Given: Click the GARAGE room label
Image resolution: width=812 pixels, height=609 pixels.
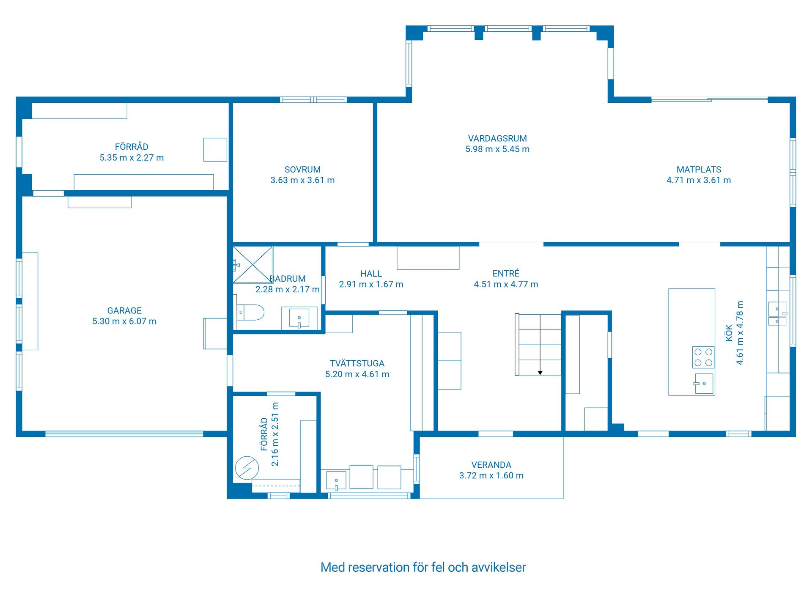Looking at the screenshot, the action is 124,310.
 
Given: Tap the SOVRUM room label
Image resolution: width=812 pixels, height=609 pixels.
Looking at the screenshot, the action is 302,170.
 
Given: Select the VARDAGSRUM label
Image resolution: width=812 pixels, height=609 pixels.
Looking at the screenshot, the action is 497,138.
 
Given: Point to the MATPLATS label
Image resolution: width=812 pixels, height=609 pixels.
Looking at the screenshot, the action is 699,170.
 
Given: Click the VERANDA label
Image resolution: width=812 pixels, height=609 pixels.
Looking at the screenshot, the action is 491,465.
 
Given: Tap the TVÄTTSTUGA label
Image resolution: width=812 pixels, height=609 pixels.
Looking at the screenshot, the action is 357,363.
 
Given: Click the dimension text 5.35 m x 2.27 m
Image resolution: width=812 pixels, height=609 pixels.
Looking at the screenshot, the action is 132,157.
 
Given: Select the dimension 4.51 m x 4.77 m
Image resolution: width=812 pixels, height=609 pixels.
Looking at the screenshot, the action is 506,284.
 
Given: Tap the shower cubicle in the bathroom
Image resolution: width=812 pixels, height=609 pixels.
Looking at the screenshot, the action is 253,265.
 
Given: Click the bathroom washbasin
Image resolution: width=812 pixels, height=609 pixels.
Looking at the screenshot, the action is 299,318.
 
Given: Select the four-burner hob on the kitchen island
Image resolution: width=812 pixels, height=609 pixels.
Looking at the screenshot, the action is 703,357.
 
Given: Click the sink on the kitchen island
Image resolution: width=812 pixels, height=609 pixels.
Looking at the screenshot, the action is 704,384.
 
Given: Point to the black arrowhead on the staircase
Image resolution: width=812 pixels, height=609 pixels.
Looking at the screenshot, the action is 540,373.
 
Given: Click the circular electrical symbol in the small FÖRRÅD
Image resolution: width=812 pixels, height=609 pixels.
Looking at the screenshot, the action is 247,468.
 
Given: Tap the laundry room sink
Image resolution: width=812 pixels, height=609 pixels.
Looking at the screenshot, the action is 336,481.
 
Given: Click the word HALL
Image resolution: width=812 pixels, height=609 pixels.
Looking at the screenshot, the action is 371,274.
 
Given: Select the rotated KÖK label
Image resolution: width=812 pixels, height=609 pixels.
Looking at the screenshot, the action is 729,333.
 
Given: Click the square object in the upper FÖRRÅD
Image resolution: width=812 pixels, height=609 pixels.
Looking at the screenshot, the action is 215,150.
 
